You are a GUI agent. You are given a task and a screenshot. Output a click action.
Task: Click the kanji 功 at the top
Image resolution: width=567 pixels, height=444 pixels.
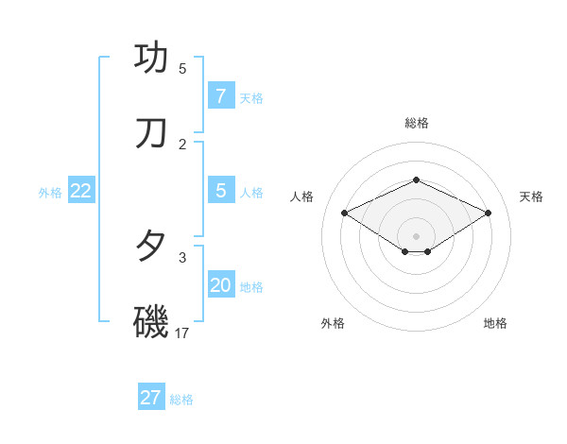[151, 58]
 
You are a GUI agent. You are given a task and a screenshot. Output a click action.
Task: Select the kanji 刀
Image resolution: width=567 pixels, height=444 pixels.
[151, 133]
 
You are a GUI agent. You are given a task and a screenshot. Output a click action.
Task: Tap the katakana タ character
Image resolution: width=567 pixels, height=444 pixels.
[151, 247]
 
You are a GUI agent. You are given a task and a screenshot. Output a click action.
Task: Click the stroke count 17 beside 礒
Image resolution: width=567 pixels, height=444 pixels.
[182, 333]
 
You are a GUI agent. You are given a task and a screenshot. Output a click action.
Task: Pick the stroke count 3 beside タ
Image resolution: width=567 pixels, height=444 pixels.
[182, 257]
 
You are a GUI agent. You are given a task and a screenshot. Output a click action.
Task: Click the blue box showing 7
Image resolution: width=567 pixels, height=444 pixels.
[220, 96]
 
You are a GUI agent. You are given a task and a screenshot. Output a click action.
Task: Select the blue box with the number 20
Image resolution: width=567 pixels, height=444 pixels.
[220, 285]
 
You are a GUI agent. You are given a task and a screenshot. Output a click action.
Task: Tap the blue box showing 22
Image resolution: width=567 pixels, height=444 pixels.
[81, 191]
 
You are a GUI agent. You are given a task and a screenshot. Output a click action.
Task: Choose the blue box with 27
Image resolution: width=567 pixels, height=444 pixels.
[151, 398]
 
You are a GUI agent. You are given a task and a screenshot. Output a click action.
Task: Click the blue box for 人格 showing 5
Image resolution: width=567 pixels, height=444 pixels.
[220, 191]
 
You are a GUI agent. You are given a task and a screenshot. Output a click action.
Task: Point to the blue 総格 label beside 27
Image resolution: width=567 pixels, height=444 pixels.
[181, 400]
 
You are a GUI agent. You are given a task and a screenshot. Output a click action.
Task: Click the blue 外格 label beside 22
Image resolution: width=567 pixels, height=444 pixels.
[50, 193]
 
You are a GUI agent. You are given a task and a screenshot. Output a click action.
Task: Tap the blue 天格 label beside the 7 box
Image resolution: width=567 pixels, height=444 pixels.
[251, 98]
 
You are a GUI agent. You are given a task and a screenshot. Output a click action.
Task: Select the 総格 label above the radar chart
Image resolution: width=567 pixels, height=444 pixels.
[417, 123]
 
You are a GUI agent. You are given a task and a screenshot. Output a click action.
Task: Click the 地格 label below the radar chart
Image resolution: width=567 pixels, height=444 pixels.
[495, 323]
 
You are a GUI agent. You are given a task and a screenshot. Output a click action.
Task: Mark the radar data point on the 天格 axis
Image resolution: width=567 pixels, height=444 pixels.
[488, 213]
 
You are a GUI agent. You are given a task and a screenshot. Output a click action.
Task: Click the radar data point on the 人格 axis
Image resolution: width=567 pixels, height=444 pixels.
[345, 213]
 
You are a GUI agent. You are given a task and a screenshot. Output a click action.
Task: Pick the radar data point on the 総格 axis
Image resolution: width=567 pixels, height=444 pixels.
[416, 179]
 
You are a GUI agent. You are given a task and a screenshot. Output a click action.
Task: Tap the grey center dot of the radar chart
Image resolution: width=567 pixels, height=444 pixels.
[416, 235]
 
